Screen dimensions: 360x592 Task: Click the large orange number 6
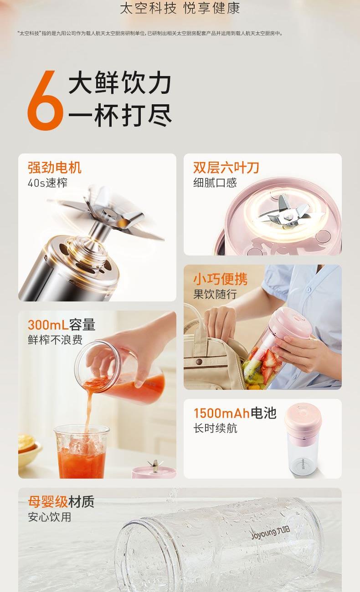[x=45, y=101]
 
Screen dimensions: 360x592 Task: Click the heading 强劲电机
[x=55, y=168]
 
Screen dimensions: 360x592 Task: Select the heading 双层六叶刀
[x=226, y=168]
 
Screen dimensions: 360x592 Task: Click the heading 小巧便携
[x=221, y=279]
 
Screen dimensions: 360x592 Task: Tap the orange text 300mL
[x=48, y=325]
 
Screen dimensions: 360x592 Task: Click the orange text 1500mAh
[x=221, y=413]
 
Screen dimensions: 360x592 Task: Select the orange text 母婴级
[x=48, y=502]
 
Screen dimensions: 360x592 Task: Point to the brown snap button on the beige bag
[x=199, y=362]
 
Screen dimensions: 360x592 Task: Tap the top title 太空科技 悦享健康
[x=180, y=8]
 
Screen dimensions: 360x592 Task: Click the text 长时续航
[x=215, y=429]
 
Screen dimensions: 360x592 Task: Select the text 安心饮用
[x=50, y=517]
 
